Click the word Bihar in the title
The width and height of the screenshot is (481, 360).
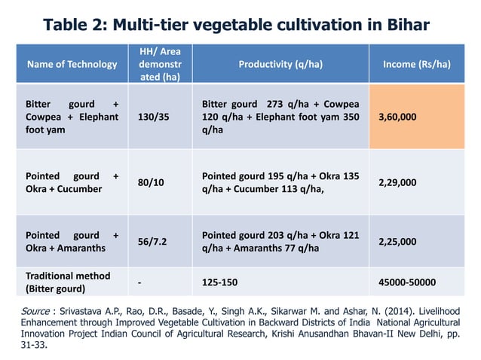pyautogui.click(x=406, y=26)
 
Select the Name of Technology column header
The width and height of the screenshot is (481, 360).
pyautogui.click(x=72, y=65)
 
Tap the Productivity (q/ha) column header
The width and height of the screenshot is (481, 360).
pyautogui.click(x=280, y=65)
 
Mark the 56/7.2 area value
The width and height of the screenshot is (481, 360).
pyautogui.click(x=153, y=242)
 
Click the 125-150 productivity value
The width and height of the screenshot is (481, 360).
pyautogui.click(x=220, y=282)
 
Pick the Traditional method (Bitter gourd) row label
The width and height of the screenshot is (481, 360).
pyautogui.click(x=68, y=282)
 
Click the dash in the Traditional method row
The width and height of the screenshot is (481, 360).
pyautogui.click(x=140, y=282)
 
